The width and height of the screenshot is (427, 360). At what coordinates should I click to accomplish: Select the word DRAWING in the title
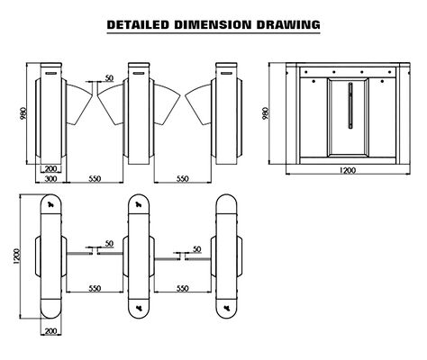pos(285,24)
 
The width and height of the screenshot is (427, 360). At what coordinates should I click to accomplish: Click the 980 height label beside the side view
pos(266,114)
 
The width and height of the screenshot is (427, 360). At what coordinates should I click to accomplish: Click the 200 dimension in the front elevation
pos(50,168)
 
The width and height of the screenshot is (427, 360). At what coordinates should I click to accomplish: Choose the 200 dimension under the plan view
pos(50,332)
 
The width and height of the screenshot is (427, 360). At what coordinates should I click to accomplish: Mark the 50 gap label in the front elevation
pos(109,79)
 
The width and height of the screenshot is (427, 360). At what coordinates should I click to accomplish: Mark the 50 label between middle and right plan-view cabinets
pos(195,244)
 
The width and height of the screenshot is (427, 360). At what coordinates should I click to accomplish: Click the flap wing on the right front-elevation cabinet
pos(196,101)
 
